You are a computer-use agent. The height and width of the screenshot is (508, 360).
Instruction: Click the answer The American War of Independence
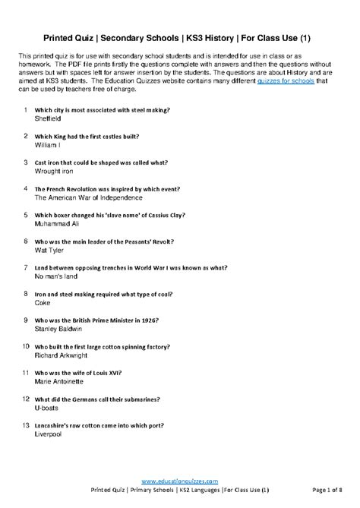tap(89, 197)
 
